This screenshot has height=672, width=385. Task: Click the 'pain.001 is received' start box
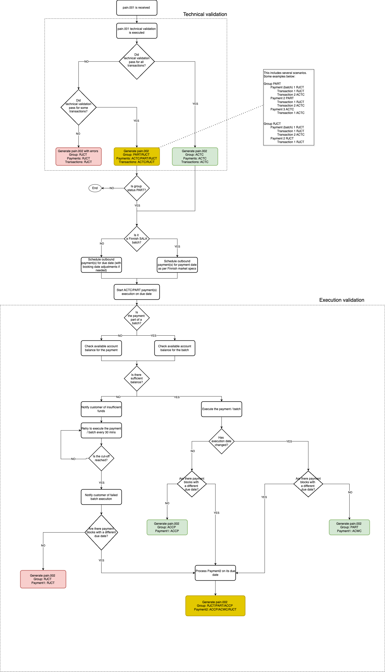point(136,8)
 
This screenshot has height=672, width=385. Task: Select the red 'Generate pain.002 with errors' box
point(78,156)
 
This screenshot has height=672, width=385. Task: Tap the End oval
point(95,188)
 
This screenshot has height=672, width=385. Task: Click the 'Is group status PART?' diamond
point(137,188)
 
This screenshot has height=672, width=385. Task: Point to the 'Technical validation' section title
point(205,14)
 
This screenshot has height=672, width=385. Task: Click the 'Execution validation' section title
point(341,300)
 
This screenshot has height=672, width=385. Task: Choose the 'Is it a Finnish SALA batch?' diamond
point(137,239)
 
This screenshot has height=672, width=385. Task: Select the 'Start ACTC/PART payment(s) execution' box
point(137,292)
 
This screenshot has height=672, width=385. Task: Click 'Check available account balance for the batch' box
point(174,348)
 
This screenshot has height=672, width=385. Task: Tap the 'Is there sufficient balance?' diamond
point(137,379)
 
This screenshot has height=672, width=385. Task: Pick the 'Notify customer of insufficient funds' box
point(101,409)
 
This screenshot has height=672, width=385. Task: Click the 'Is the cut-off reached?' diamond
point(101,458)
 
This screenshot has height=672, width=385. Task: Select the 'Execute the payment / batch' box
point(221,409)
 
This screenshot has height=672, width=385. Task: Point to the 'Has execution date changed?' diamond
point(221,441)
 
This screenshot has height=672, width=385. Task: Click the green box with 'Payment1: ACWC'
point(349,527)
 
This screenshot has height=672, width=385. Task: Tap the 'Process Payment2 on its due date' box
point(215,573)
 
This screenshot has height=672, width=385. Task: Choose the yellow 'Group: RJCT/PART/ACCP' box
point(215,606)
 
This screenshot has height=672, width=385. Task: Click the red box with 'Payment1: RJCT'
point(43,579)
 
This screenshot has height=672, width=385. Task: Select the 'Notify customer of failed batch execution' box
point(101,497)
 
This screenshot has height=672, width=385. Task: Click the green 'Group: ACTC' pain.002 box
point(195,156)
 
